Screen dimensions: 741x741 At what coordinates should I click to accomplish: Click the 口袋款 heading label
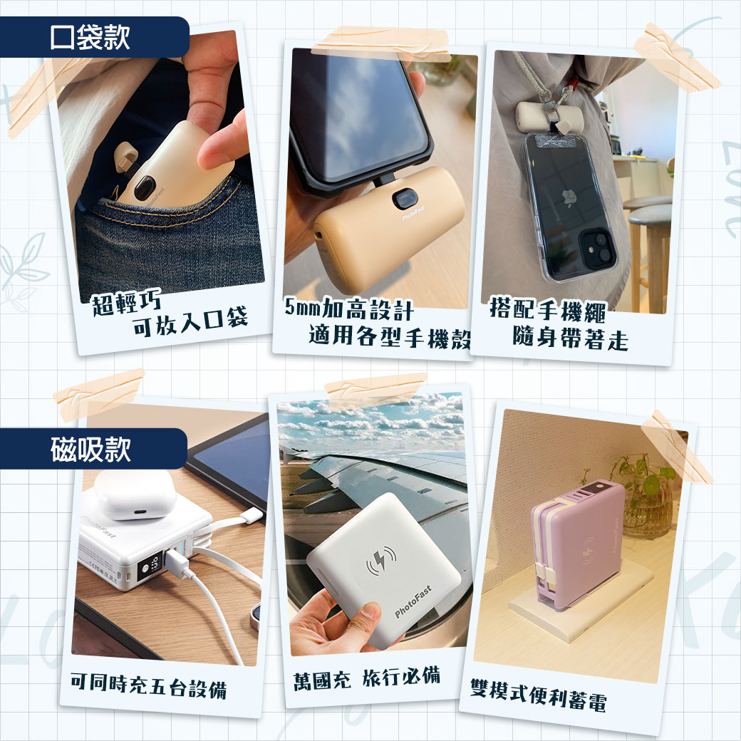[x=90, y=37]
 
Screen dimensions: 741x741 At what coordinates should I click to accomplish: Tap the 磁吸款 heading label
[x=90, y=449]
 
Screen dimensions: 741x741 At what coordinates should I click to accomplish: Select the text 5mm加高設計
[x=349, y=309]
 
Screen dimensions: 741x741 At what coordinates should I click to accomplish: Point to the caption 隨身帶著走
[x=571, y=338]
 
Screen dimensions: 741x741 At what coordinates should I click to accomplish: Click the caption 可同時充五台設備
[x=148, y=685]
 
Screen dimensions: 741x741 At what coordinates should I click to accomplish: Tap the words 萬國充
[x=322, y=681]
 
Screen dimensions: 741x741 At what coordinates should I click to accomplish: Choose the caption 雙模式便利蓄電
[x=538, y=695]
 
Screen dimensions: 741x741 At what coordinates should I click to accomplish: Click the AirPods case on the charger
[x=135, y=494]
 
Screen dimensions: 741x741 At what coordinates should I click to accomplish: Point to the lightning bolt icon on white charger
[x=381, y=561]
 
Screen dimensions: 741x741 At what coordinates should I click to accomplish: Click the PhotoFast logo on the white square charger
[x=413, y=601]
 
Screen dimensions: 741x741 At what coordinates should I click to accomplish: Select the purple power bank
[x=578, y=544]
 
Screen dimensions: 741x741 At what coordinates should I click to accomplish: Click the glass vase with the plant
[x=647, y=506]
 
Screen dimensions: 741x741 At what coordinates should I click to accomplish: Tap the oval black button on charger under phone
[x=405, y=199]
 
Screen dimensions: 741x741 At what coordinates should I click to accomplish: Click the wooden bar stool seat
[x=649, y=215]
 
